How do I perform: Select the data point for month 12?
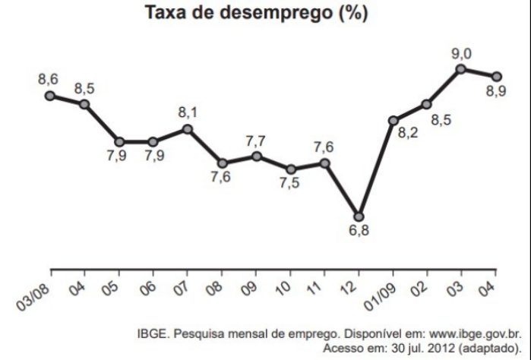359,216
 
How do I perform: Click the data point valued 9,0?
461,69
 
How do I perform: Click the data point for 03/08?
50,96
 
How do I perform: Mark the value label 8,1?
188,112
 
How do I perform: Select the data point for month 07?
188,129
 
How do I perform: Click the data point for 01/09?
394,120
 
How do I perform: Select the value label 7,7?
257,141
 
